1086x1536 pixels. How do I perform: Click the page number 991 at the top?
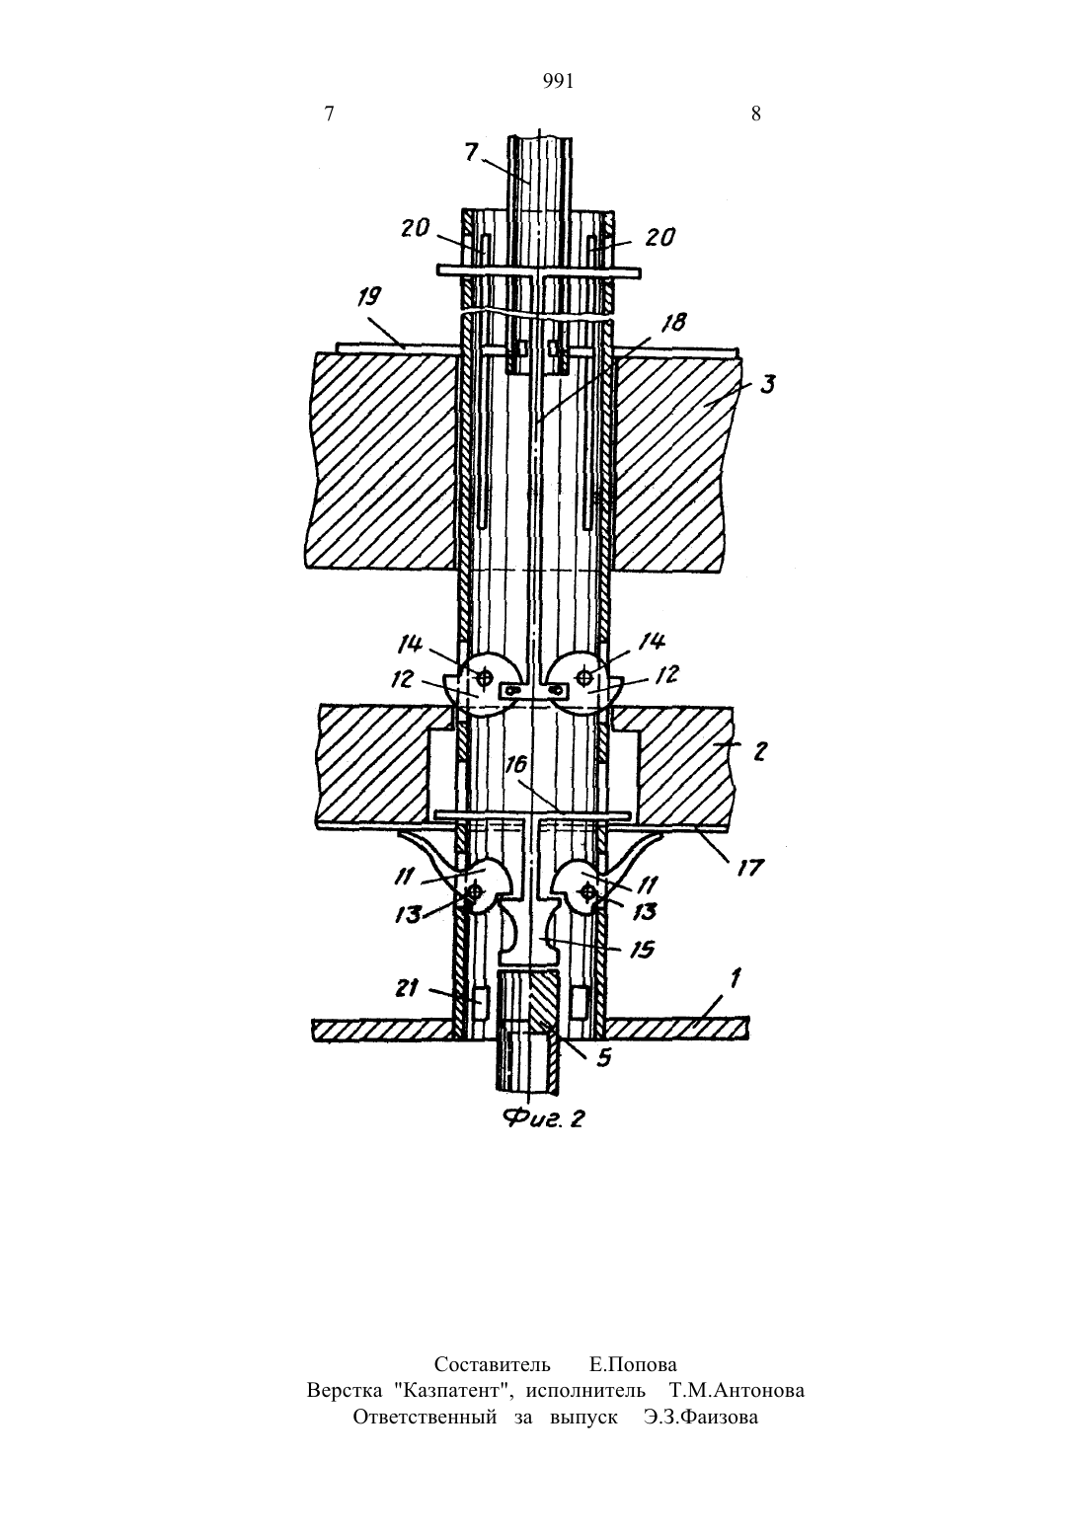click(558, 82)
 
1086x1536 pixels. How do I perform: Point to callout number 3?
click(767, 385)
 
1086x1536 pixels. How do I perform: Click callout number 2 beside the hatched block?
click(759, 751)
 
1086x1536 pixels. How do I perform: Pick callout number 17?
click(750, 868)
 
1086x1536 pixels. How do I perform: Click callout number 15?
click(641, 949)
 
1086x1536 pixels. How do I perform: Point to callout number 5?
click(603, 1058)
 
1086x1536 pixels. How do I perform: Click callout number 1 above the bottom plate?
click(736, 978)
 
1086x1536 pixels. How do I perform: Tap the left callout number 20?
click(416, 228)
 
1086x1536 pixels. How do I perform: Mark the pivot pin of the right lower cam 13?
click(587, 891)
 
